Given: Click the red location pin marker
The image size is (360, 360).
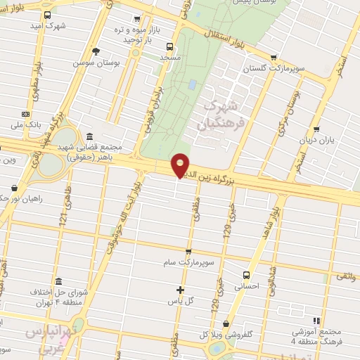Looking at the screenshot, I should click(181, 164).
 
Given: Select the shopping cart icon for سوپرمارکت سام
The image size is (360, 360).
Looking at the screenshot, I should click(188, 252).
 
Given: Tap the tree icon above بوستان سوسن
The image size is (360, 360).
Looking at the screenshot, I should click(96, 51).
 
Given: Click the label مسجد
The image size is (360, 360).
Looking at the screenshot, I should click(171, 56).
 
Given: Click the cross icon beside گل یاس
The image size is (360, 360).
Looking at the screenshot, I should click(180, 290).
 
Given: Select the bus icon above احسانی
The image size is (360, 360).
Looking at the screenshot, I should click(246, 275).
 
